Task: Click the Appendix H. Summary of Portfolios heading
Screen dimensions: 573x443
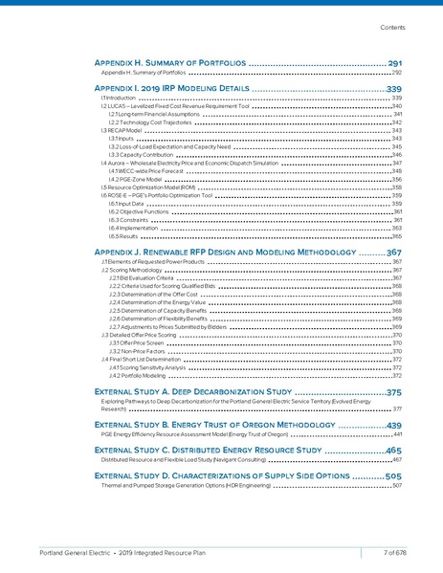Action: pos(171,62)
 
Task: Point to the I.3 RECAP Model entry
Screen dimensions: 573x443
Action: pos(121,130)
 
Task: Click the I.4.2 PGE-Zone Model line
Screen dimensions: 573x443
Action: pos(135,179)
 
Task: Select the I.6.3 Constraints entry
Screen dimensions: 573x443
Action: pos(126,220)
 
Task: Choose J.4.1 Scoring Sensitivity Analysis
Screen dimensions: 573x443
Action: pos(147,367)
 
